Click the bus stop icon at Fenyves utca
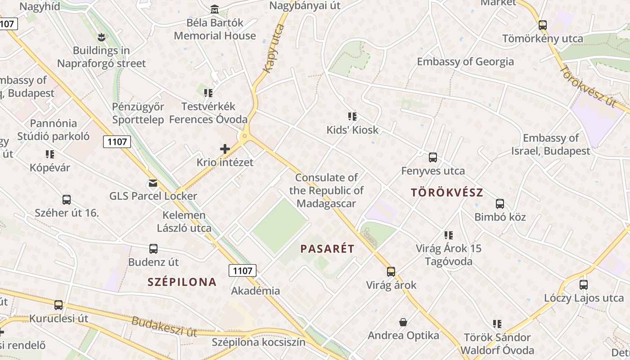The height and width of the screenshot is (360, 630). (x=433, y=157)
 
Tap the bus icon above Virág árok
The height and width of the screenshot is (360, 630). (x=391, y=272)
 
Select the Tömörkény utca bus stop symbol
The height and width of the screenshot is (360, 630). (x=543, y=25)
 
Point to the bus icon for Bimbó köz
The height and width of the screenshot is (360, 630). (x=500, y=204)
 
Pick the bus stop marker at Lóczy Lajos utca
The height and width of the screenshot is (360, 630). (x=584, y=285)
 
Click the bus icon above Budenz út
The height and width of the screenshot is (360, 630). (x=153, y=249)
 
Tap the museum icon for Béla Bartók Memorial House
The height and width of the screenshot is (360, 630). (x=215, y=9)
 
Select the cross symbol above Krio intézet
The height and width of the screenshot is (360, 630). (x=225, y=149)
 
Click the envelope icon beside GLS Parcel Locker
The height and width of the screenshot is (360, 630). (x=153, y=183)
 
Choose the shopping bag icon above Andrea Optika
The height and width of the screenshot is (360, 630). (x=403, y=322)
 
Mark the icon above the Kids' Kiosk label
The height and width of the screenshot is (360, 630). (x=352, y=117)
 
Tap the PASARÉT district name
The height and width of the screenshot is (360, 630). (x=327, y=248)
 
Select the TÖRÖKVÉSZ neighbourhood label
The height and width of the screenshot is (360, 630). (x=447, y=193)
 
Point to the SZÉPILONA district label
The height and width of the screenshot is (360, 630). (x=182, y=282)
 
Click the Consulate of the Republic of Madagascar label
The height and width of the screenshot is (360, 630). (x=327, y=190)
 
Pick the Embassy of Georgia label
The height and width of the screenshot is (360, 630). (x=465, y=62)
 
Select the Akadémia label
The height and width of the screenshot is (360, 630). (x=256, y=291)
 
